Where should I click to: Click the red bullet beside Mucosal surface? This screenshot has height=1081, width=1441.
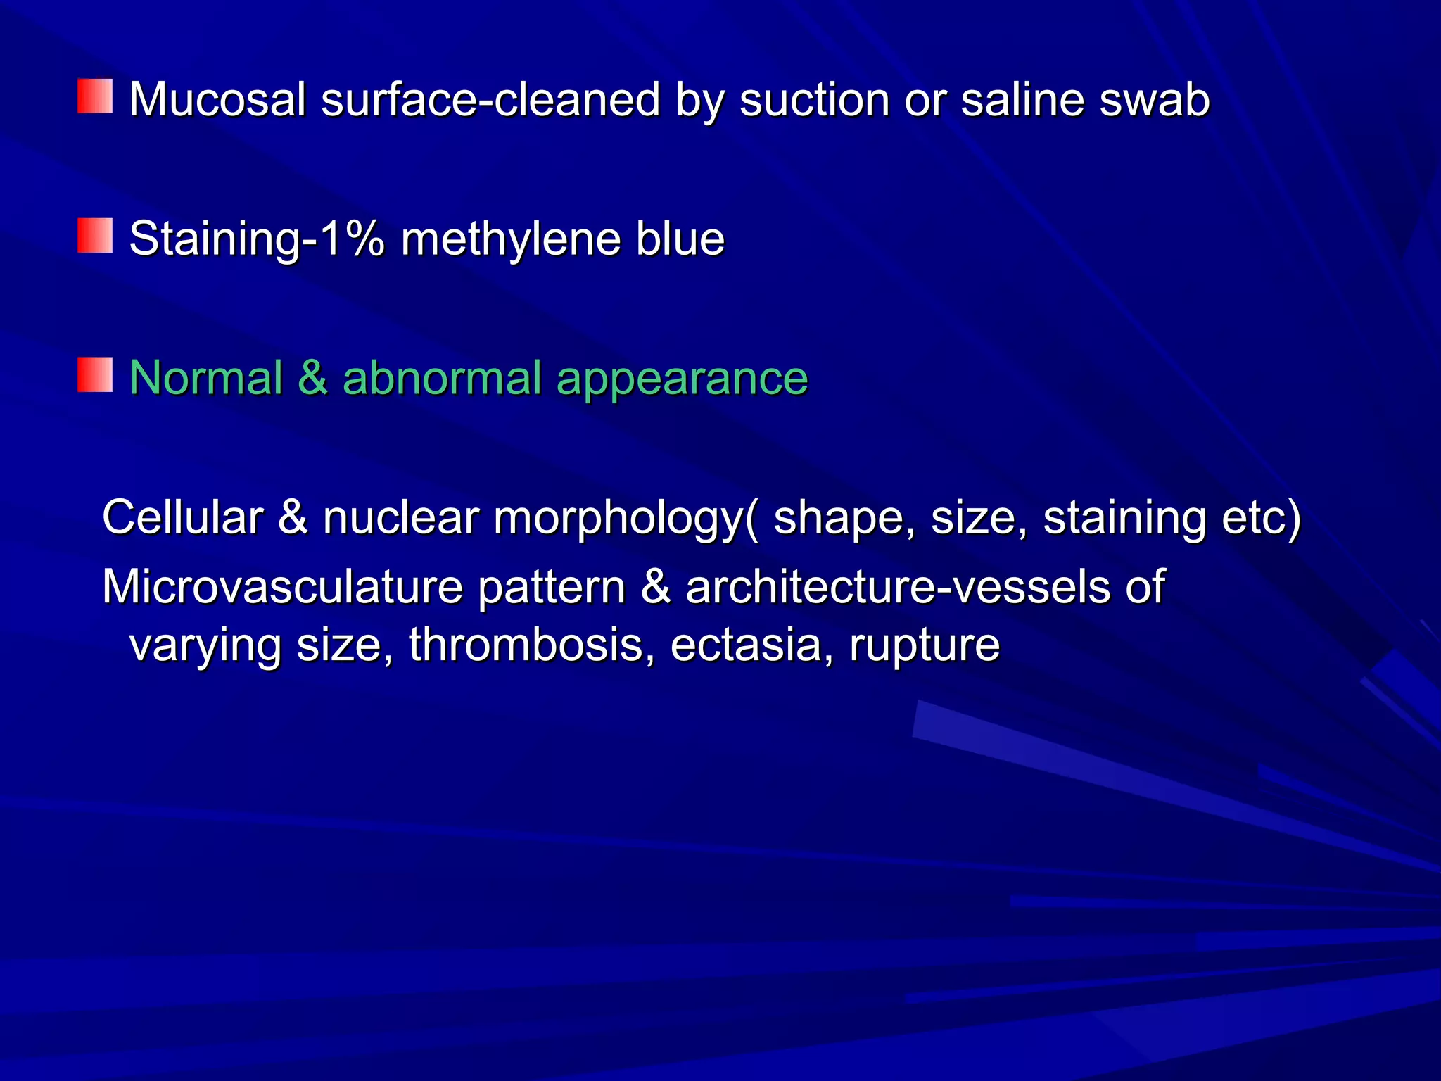[95, 96]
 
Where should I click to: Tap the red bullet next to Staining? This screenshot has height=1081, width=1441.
[95, 236]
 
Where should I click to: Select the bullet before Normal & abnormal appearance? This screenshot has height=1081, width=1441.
[95, 375]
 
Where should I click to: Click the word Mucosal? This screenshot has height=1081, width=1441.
[217, 99]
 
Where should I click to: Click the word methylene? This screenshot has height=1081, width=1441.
[510, 240]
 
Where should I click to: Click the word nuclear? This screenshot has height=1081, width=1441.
[400, 517]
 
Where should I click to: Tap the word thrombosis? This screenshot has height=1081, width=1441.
[526, 644]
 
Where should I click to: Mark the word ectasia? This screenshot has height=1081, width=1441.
[746, 644]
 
